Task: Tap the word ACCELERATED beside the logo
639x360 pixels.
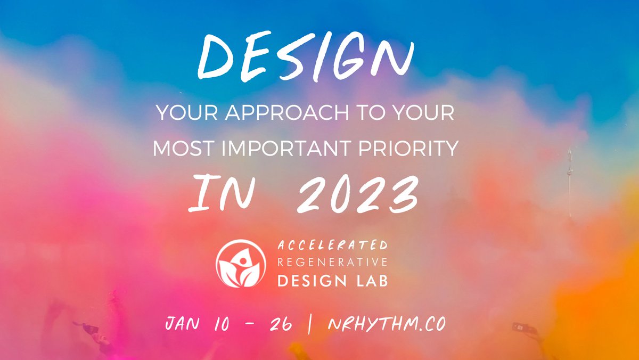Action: tap(332, 246)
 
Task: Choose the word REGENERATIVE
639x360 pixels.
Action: tap(332, 263)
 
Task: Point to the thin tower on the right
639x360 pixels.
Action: tap(570, 181)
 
